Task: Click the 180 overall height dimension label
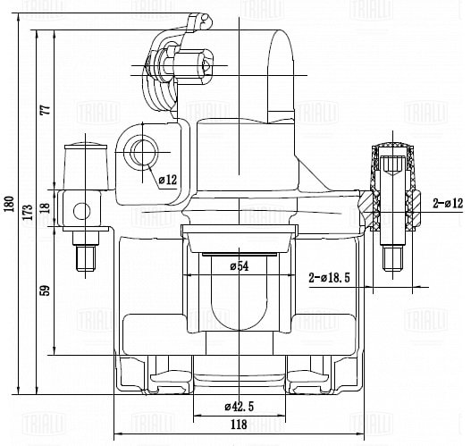click(9, 204)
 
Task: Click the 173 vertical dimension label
click(28, 212)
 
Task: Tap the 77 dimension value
click(46, 110)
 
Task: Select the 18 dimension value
click(45, 208)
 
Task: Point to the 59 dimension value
click(45, 290)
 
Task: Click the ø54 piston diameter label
click(240, 266)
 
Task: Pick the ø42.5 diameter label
click(240, 407)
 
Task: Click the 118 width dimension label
click(240, 425)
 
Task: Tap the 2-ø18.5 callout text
click(329, 278)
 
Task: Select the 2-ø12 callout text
click(448, 204)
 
